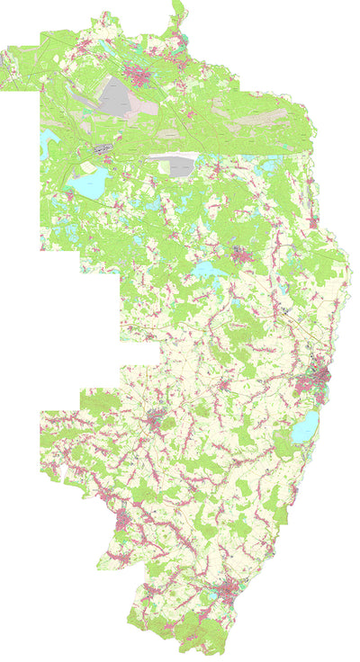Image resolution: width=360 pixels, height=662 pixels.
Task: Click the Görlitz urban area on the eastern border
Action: point(317,378)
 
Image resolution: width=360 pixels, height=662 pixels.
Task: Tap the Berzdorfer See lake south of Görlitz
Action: point(307,428)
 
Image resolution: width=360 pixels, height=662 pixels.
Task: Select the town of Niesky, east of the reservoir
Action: point(241,255)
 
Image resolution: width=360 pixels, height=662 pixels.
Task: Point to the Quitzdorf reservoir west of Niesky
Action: point(206,270)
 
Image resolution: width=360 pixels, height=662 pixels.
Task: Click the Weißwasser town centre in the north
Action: point(139,75)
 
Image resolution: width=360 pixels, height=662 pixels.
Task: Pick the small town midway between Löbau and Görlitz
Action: point(226,387)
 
